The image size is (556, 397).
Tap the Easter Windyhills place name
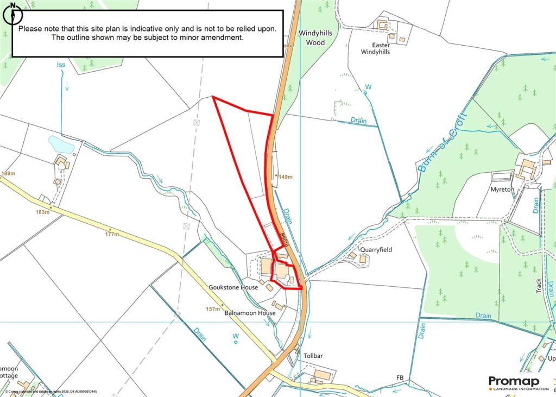(x=375, y=48)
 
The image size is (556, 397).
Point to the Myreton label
(x=502, y=190)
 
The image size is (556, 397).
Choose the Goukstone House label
(x=233, y=287)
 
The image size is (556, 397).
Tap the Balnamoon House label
(x=250, y=313)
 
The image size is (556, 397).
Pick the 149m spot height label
(x=285, y=177)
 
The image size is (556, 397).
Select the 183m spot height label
(x=42, y=212)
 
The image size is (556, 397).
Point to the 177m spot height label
(x=112, y=235)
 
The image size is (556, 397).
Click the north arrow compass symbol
(x=11, y=14)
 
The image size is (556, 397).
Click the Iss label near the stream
(x=61, y=65)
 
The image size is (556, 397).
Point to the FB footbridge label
(x=400, y=377)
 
